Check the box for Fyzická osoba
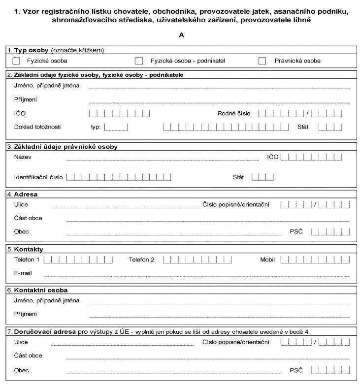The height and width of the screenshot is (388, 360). click(16, 61)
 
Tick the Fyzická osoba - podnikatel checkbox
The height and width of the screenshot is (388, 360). click(139, 61)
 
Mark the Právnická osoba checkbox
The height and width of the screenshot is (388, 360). click(262, 61)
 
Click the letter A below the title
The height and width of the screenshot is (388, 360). click(182, 35)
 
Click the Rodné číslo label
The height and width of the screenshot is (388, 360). click(234, 113)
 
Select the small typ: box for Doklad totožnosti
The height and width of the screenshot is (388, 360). click(116, 127)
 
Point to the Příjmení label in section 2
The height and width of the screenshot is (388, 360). click(26, 99)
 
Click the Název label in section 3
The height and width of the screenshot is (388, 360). click(23, 157)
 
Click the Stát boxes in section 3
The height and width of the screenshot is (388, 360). click(262, 177)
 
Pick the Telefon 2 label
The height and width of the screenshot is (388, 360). click(141, 259)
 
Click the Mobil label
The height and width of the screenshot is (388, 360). click(267, 259)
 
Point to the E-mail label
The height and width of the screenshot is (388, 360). click(23, 273)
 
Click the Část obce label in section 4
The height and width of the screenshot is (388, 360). click(28, 218)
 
